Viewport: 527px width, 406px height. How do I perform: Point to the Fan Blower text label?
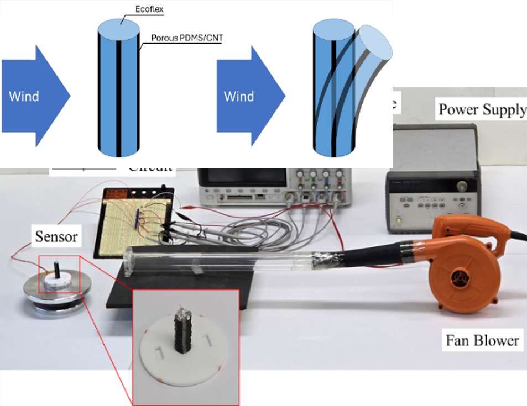coord(482,340)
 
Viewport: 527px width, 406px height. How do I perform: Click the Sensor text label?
coord(57,237)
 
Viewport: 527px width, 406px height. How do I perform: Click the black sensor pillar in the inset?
coord(183,331)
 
